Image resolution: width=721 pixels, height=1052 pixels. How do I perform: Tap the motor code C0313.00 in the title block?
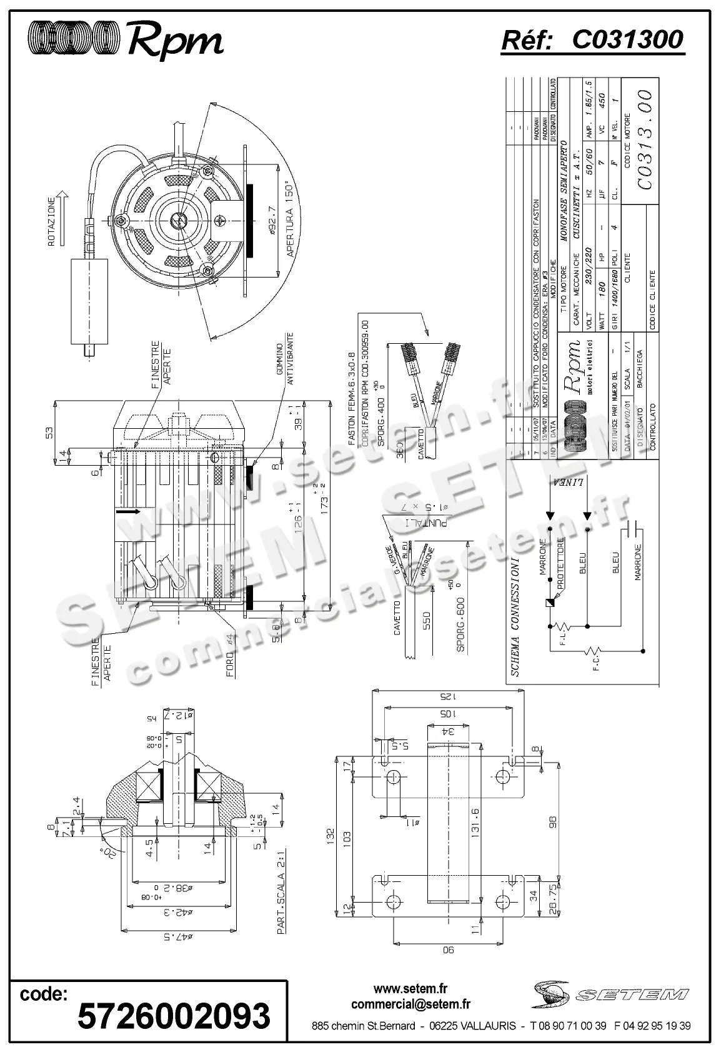[644, 139]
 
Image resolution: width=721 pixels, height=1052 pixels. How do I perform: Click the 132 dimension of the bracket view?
[331, 834]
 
